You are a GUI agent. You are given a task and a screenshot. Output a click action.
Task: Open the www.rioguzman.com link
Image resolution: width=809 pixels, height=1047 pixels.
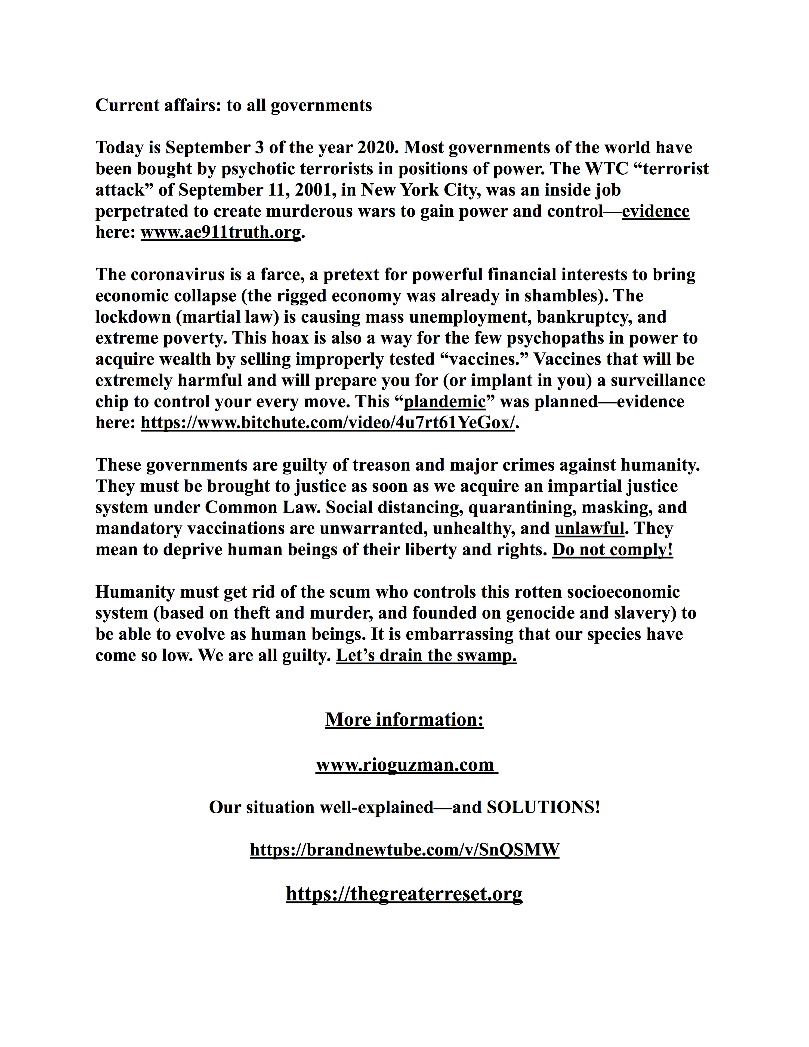(405, 765)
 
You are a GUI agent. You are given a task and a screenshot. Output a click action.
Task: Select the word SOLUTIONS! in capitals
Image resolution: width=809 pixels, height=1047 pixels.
(543, 807)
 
